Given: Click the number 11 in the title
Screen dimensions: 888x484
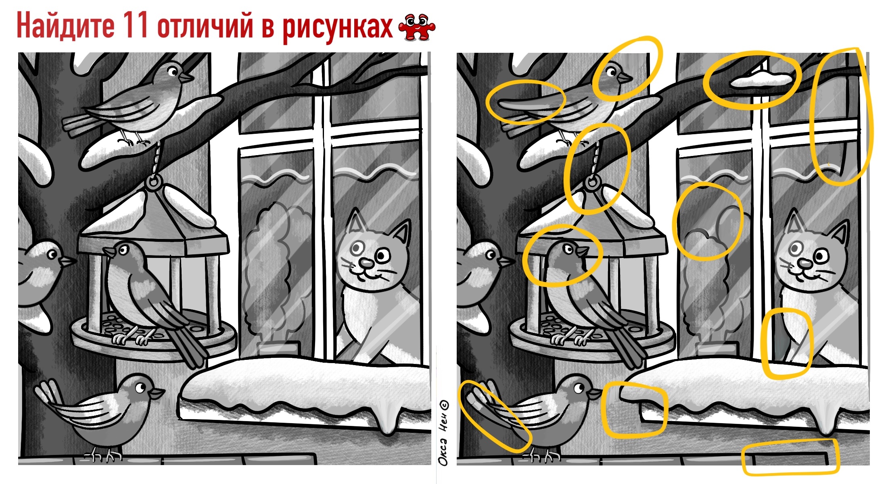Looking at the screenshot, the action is pyautogui.click(x=135, y=25).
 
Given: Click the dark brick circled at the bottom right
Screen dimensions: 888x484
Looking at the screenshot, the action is pyautogui.click(x=789, y=458).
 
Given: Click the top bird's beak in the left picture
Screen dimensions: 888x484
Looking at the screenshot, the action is pyautogui.click(x=186, y=77).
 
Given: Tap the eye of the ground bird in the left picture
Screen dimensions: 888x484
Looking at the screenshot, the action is pyautogui.click(x=140, y=388).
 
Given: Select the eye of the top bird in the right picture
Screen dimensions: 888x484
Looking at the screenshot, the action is pyautogui.click(x=611, y=73).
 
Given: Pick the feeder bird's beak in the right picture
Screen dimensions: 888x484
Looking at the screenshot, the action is pyautogui.click(x=582, y=251).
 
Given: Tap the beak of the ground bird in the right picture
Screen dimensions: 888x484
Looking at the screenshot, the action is pyautogui.click(x=596, y=393).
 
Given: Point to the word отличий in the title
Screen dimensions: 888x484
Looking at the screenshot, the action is pyautogui.click(x=206, y=26).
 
